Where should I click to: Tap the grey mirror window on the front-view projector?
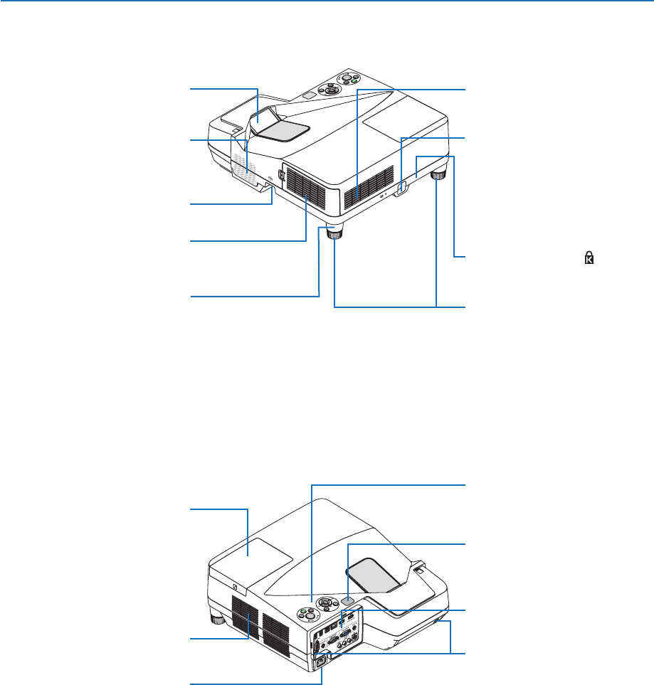[x=283, y=127]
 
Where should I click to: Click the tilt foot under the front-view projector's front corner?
[x=334, y=235]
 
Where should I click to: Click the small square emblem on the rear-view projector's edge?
[x=234, y=586]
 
